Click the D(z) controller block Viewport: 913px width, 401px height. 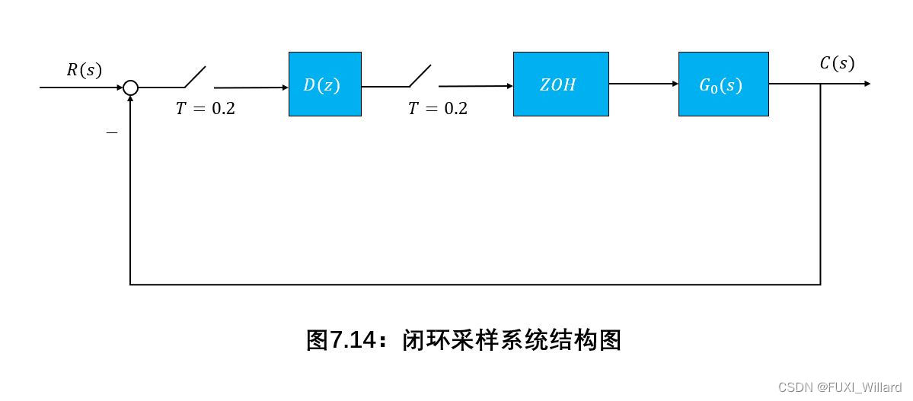pyautogui.click(x=324, y=84)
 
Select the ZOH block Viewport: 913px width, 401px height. pyautogui.click(x=560, y=84)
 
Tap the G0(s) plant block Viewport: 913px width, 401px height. pyautogui.click(x=723, y=84)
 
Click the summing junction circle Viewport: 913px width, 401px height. pyautogui.click(x=131, y=88)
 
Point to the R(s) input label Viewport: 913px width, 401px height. pyautogui.click(x=84, y=71)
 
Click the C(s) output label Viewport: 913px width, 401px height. pyautogui.click(x=837, y=64)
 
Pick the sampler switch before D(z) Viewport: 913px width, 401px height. pyautogui.click(x=194, y=78)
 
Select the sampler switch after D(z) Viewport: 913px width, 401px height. pyautogui.click(x=420, y=76)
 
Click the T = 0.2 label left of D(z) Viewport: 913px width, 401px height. pyautogui.click(x=205, y=109)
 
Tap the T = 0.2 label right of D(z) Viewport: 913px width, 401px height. pyautogui.click(x=437, y=109)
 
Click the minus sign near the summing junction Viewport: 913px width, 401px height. pyautogui.click(x=112, y=132)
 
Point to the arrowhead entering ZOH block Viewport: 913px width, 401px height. pyautogui.click(x=509, y=86)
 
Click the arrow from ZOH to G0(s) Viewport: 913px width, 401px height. pyautogui.click(x=643, y=84)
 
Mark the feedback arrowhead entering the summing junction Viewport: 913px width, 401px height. pyautogui.click(x=131, y=100)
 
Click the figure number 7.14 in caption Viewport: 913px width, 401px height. pyautogui.click(x=352, y=340)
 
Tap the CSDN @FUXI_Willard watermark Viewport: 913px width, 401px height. pyautogui.click(x=839, y=387)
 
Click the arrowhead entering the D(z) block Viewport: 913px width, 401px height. pyautogui.click(x=284, y=88)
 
